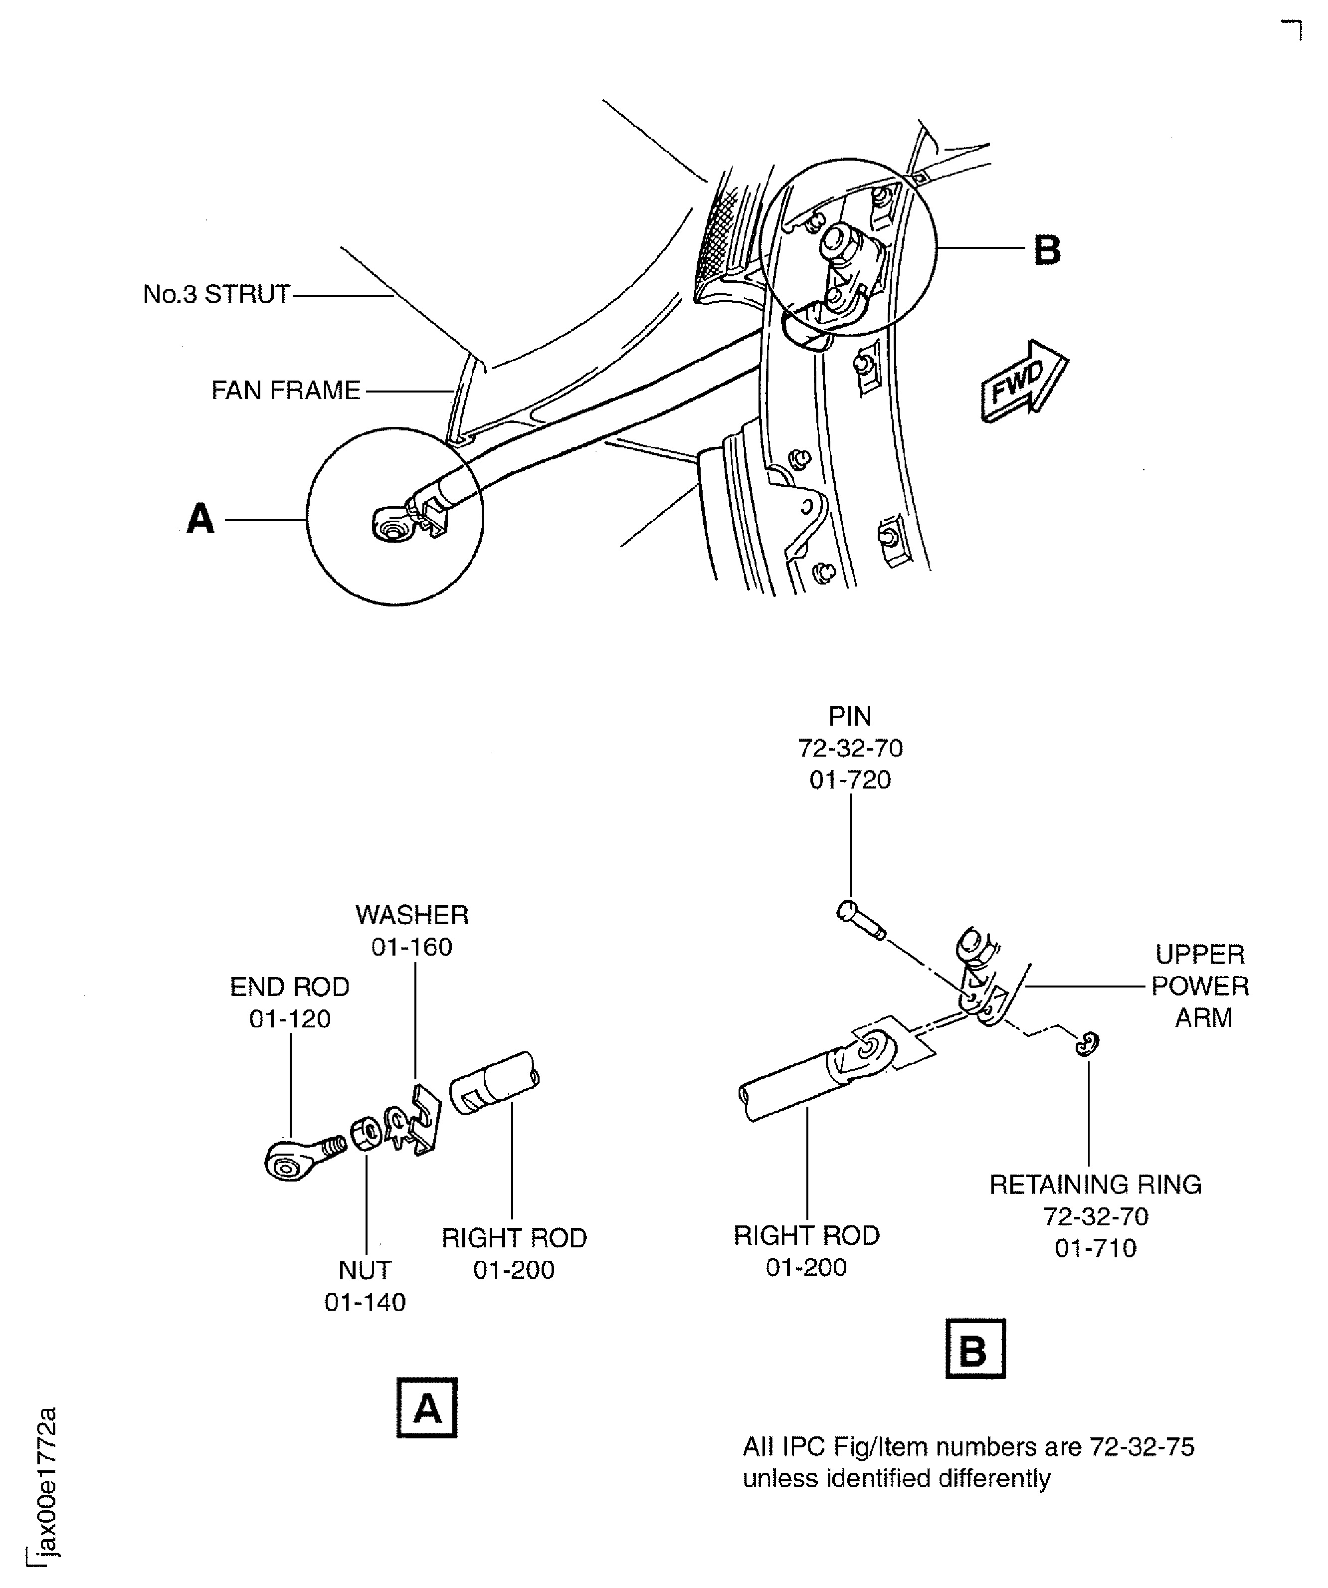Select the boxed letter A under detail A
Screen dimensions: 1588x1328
click(x=426, y=1408)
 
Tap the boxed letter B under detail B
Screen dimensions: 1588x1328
click(x=975, y=1348)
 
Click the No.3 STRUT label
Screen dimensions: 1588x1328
click(x=216, y=294)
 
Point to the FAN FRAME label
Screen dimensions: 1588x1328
click(x=285, y=390)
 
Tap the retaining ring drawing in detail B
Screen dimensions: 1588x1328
click(x=1087, y=1043)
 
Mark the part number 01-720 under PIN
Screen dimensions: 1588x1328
click(x=850, y=780)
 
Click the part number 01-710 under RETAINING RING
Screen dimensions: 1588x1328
click(x=1095, y=1248)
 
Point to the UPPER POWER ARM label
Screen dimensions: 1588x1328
click(x=1200, y=986)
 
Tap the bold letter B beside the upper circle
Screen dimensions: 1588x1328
click(x=1047, y=250)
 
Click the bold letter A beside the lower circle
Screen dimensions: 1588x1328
click(x=200, y=520)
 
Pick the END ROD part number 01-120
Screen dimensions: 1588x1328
click(x=290, y=1018)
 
